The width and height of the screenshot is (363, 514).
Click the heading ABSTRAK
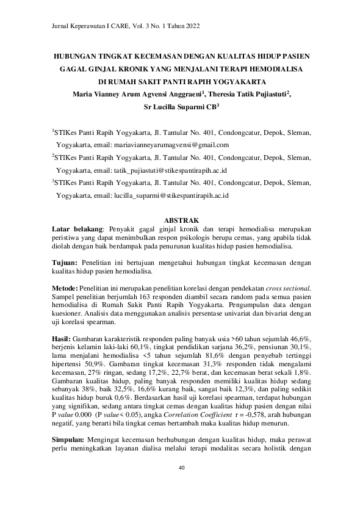pos(181,220)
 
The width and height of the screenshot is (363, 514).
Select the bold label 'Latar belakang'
pos(77,229)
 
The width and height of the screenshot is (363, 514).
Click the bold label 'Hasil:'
pos(62,338)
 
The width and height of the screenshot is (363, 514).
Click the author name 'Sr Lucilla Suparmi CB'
pos(179,106)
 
